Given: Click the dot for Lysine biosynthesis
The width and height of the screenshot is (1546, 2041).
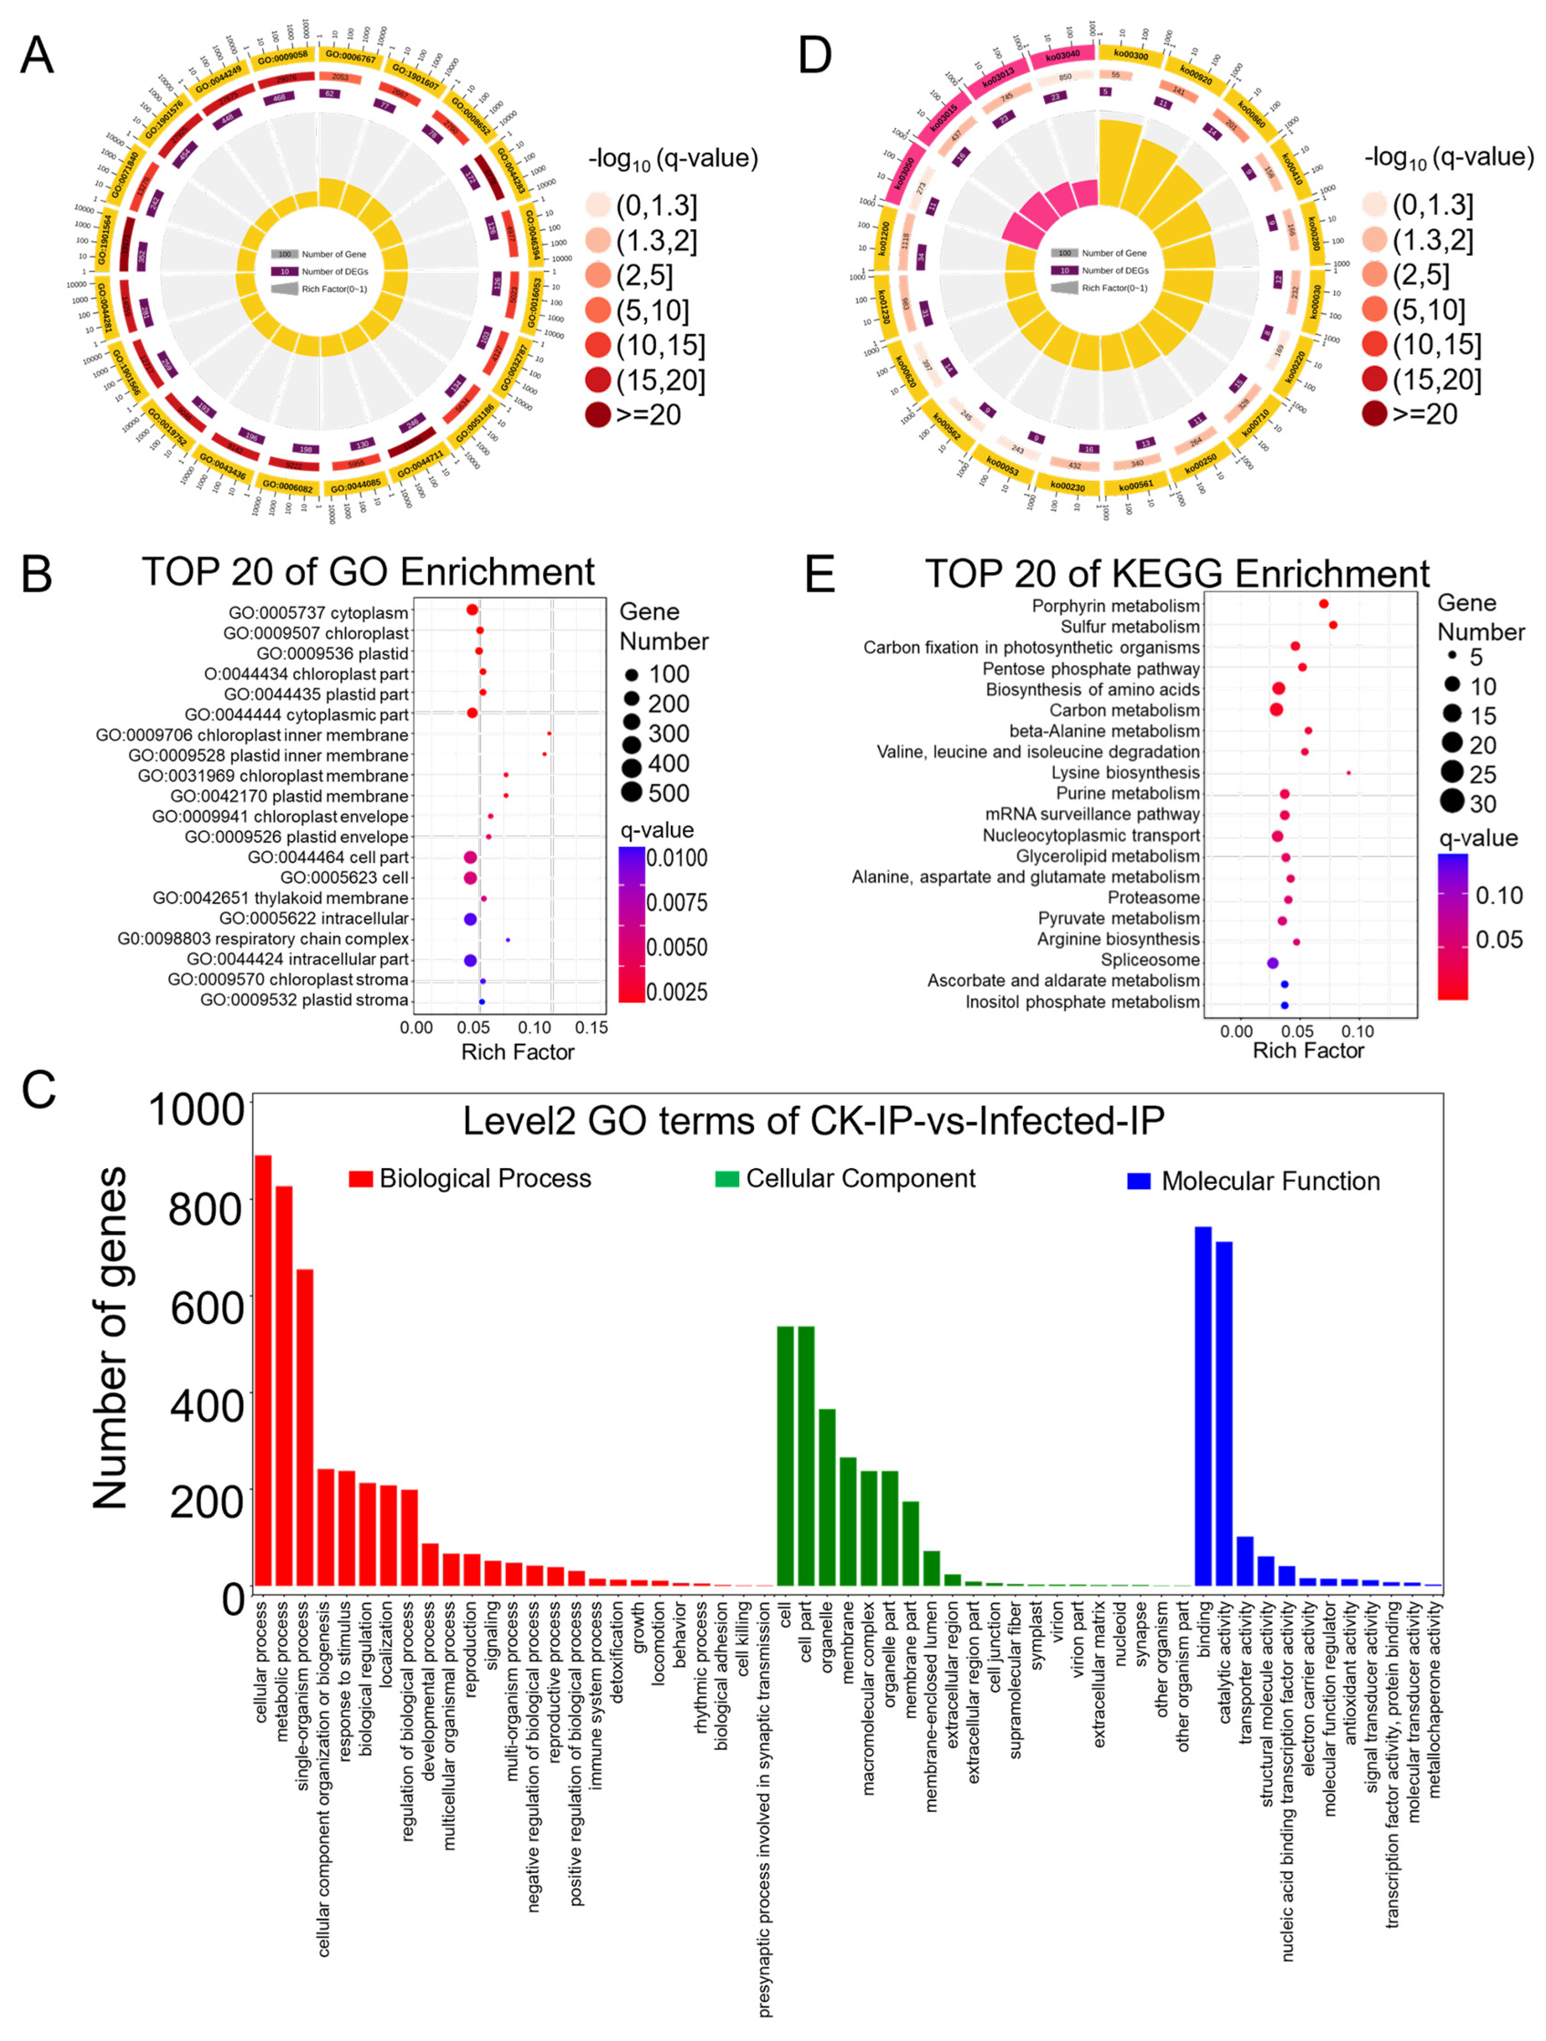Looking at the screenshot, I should point(1349,773).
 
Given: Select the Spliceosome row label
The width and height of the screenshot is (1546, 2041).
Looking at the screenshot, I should point(1150,959).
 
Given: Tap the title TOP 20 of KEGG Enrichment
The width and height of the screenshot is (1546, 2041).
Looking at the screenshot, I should point(1177,574).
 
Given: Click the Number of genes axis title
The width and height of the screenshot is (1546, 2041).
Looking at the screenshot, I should point(111,1338).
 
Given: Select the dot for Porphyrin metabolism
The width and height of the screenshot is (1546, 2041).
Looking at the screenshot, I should point(1323,603).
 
